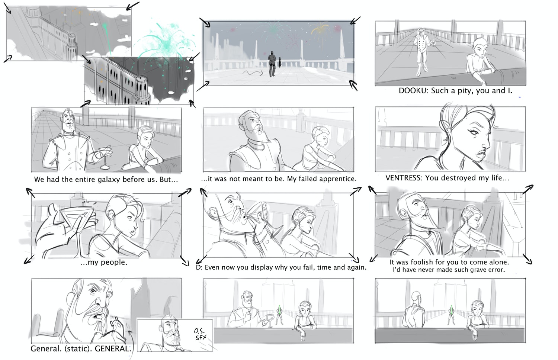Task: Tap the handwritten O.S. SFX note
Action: [x=200, y=334]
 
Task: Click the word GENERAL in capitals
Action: [x=113, y=348]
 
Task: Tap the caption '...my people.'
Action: [x=104, y=262]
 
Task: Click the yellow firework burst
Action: [x=320, y=31]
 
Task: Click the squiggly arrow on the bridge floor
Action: [x=253, y=73]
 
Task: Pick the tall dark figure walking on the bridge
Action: [x=272, y=64]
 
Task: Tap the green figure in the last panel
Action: [x=451, y=315]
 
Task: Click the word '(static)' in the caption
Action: [x=78, y=348]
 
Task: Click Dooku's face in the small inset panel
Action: [x=172, y=330]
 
